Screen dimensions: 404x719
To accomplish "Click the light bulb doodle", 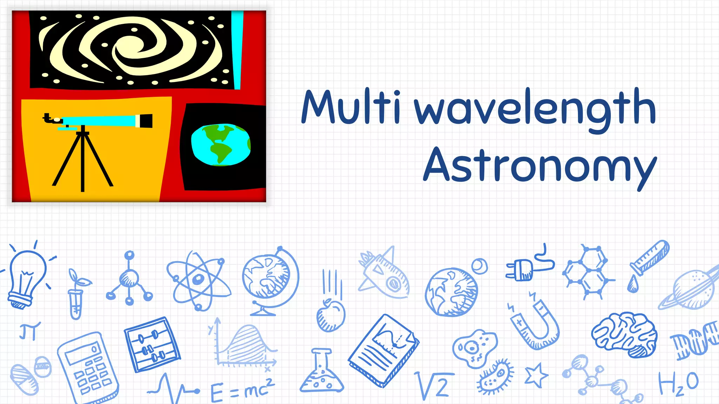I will [26, 277].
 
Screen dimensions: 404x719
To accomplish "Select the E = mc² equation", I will [242, 389].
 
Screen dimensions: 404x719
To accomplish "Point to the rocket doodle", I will [384, 275].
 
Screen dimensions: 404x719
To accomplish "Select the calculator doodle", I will [88, 366].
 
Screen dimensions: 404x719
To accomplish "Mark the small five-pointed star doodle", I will [536, 375].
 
